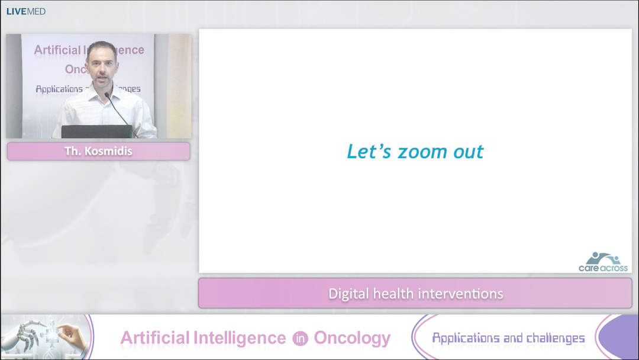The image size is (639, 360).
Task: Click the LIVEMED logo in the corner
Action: coord(26,11)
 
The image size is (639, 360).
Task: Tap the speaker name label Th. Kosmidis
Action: coord(98,151)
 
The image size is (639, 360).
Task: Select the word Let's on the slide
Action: coord(369,152)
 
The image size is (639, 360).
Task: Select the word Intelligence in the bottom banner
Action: coord(240,338)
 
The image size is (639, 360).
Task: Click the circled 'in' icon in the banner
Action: coord(300,339)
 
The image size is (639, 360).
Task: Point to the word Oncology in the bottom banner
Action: coord(352,339)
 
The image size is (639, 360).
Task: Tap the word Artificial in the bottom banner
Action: coord(154,338)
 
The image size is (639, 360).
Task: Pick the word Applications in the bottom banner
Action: coord(466,338)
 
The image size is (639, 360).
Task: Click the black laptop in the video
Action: coord(96,131)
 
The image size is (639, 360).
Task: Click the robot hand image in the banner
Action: coord(44,336)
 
